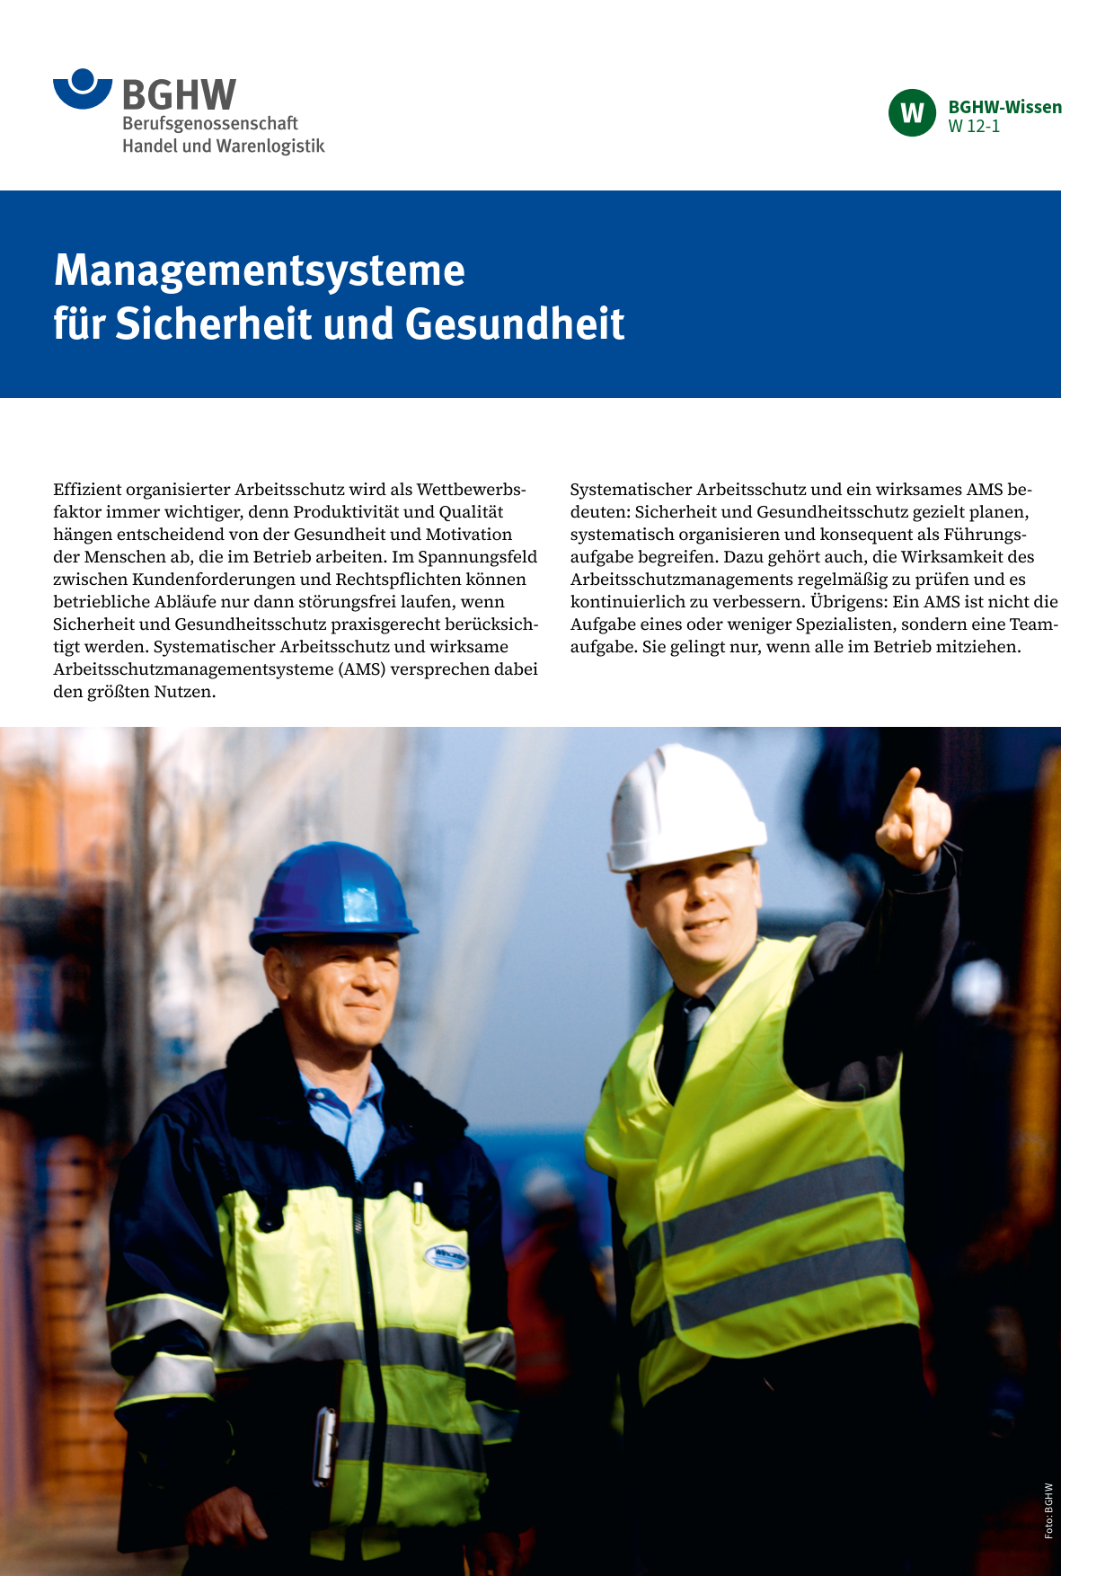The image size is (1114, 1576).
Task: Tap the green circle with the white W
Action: pyautogui.click(x=912, y=113)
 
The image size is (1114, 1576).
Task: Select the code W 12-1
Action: pyautogui.click(x=974, y=127)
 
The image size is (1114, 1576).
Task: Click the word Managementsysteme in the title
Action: pyautogui.click(x=260, y=270)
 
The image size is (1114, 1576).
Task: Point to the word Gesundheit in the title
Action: pyautogui.click(x=515, y=324)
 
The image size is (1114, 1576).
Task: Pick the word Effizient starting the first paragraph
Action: pyautogui.click(x=87, y=490)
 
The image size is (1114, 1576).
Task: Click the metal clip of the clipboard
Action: pyautogui.click(x=324, y=1444)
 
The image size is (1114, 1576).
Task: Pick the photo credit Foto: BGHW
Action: pyautogui.click(x=1048, y=1510)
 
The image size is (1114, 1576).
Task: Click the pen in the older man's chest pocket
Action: pyautogui.click(x=418, y=1200)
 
